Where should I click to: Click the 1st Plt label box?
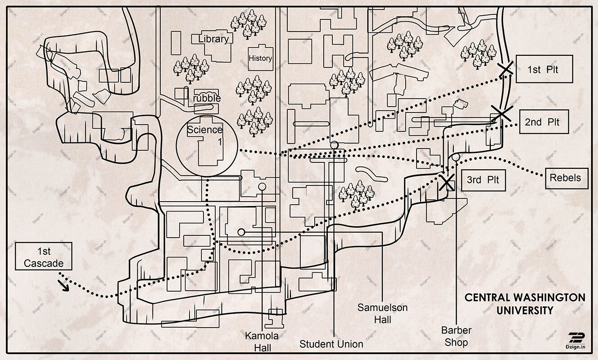click(x=544, y=69)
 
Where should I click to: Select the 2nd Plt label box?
click(x=544, y=121)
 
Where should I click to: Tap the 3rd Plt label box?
click(x=480, y=180)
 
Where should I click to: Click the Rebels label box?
click(x=565, y=177)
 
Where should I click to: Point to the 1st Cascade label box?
click(x=43, y=256)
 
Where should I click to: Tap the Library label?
click(x=213, y=39)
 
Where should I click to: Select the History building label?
click(x=260, y=58)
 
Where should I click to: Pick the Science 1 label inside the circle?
click(x=205, y=135)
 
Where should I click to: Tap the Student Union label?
click(x=331, y=344)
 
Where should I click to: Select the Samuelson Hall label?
click(x=382, y=314)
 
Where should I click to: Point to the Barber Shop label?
click(x=456, y=336)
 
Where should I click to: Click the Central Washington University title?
click(x=525, y=304)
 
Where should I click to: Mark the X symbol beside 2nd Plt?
click(x=500, y=112)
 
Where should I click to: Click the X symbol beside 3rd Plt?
click(x=447, y=182)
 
